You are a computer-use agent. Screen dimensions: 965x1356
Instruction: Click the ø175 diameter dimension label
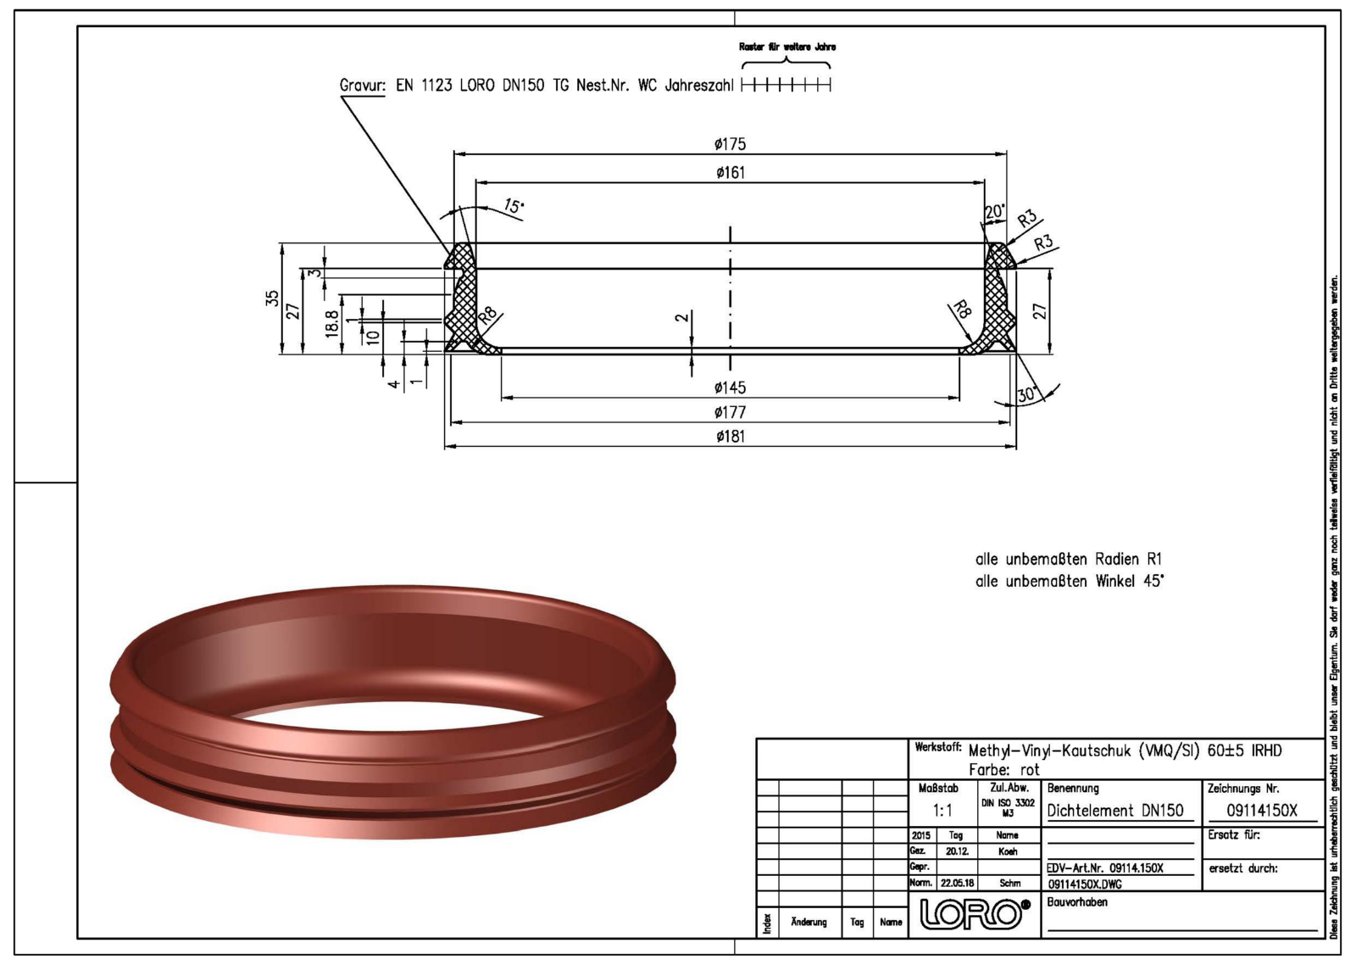click(x=730, y=145)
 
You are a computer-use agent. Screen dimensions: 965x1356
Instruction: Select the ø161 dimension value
click(x=730, y=173)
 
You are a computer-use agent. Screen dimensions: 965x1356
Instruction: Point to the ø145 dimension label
click(x=730, y=388)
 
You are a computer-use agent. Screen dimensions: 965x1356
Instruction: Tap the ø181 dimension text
click(x=730, y=437)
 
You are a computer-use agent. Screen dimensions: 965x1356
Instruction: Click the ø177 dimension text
click(x=730, y=413)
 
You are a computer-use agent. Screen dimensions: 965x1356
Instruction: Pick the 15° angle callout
click(x=514, y=206)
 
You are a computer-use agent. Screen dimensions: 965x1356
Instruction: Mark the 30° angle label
click(x=1027, y=394)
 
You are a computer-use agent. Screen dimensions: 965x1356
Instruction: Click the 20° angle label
click(x=994, y=211)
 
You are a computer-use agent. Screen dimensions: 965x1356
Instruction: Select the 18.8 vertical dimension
click(x=332, y=323)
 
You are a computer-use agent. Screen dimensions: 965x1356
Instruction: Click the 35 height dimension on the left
click(x=272, y=298)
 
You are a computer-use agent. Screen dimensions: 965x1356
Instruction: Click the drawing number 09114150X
click(x=1262, y=811)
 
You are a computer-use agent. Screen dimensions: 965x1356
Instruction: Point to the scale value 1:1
click(x=942, y=811)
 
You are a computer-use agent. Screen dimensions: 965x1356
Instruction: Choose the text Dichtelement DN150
click(x=1115, y=811)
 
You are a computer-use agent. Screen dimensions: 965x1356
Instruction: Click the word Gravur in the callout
click(x=363, y=86)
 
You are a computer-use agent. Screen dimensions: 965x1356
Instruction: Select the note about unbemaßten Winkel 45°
click(x=1070, y=582)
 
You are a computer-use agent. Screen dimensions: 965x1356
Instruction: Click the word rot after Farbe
click(x=1029, y=770)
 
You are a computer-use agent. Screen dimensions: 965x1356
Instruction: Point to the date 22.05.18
click(x=957, y=883)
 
